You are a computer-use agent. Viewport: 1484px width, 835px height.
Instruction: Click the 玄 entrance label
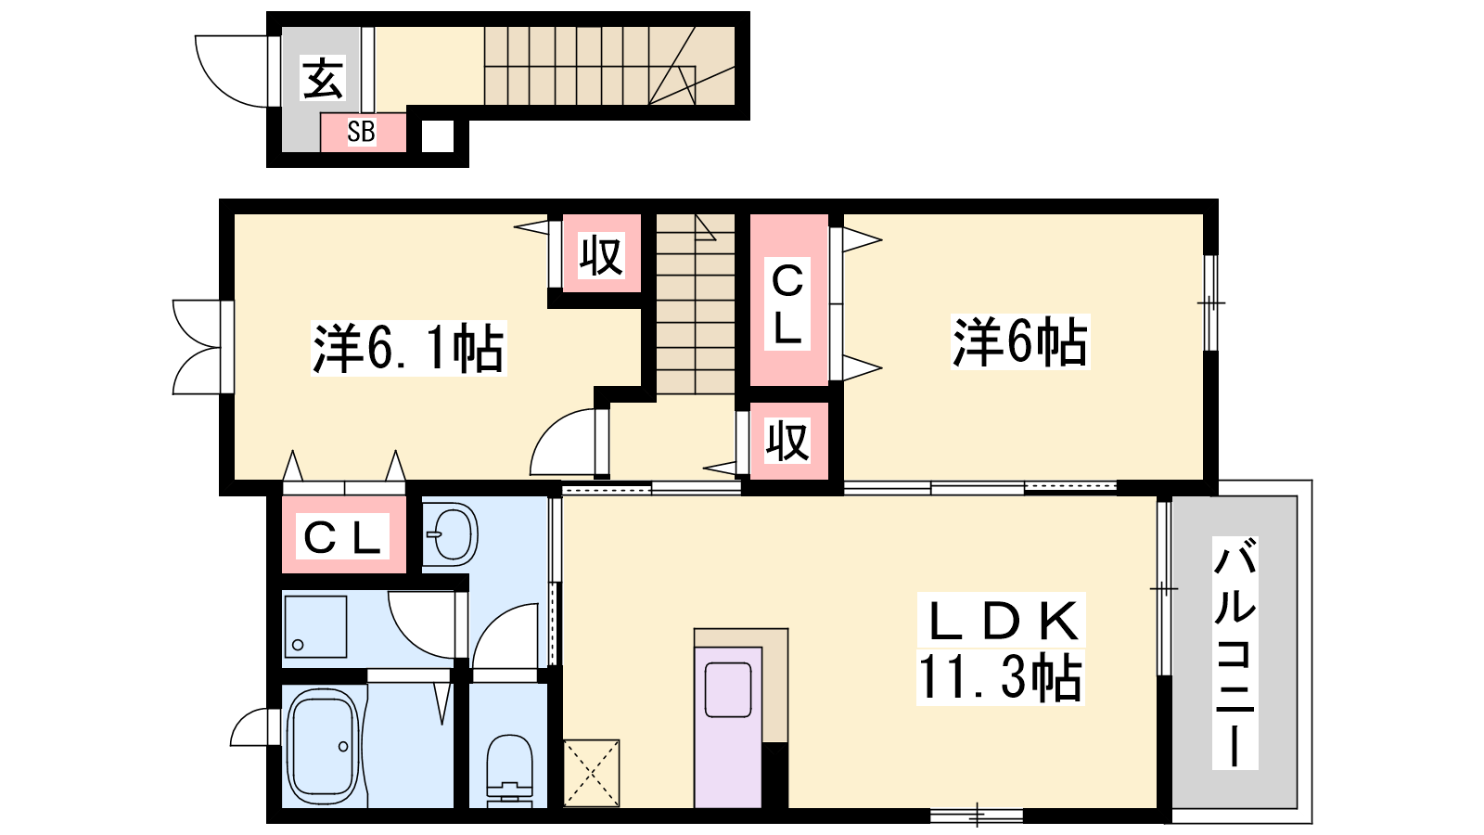coord(324,78)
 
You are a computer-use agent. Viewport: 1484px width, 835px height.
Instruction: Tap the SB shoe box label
coord(362,132)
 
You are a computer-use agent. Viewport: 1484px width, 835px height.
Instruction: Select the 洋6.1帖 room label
coord(409,348)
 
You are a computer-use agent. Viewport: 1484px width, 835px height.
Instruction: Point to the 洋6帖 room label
coord(1020,342)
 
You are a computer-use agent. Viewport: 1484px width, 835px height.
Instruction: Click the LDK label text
coord(1002,621)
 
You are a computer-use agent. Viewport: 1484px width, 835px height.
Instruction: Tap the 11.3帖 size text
coord(1001,676)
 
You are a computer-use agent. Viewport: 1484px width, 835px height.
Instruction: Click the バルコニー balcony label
coord(1235,653)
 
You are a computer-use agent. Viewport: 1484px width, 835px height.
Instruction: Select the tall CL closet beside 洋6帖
coord(788,300)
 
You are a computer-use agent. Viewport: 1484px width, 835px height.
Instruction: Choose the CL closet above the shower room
coord(344,534)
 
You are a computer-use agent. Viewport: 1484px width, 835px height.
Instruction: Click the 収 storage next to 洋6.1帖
coord(602,253)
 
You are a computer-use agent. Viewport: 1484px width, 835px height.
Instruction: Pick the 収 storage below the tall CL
coord(788,441)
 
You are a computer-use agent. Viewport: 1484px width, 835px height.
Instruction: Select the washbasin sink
coord(451,534)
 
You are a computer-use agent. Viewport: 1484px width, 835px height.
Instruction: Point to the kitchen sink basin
coord(727,690)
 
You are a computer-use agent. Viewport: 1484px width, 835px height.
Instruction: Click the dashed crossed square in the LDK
coord(591,774)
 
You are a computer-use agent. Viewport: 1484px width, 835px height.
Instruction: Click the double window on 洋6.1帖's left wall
coord(198,347)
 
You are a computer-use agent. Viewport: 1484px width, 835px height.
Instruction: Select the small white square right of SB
coord(438,136)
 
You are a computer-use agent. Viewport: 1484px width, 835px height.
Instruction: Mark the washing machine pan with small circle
coord(315,627)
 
